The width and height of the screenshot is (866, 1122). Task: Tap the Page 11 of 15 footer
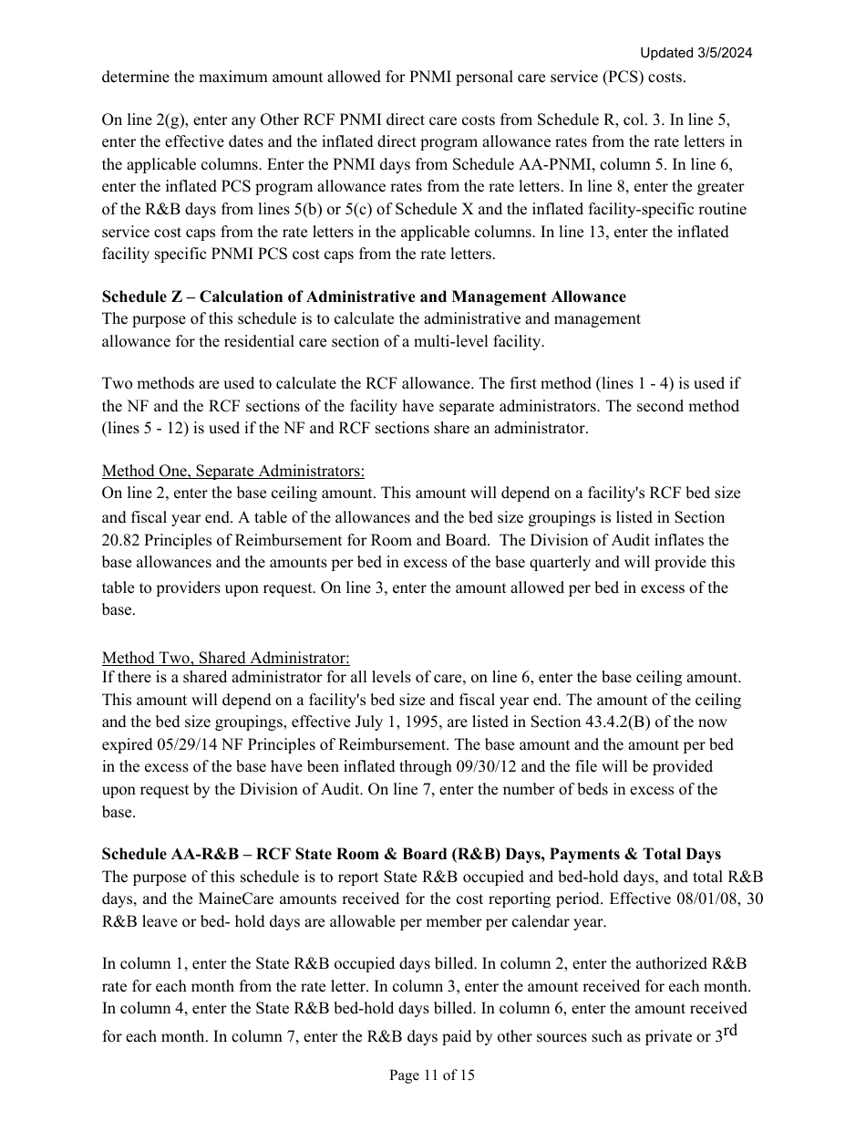pyautogui.click(x=432, y=1075)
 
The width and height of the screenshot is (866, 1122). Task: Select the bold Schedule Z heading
pyautogui.click(x=364, y=296)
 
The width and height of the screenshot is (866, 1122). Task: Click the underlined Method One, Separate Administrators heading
pyautogui.click(x=233, y=471)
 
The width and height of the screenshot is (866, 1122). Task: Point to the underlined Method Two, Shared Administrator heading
pyautogui.click(x=225, y=658)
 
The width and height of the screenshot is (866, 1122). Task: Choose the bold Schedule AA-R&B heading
pyautogui.click(x=411, y=854)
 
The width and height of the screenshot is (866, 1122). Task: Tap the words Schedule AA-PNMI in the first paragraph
pyautogui.click(x=496, y=164)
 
